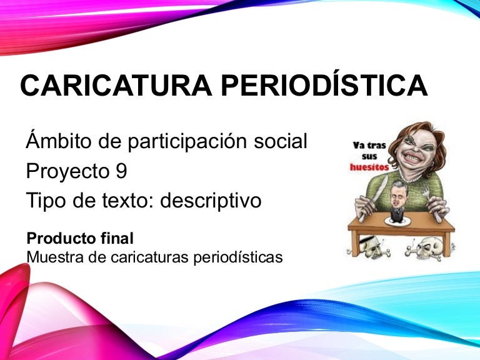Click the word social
coord(281,141)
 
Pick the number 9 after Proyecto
coord(121,171)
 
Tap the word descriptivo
coord(211,201)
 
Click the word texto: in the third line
coord(127,200)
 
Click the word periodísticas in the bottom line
coord(238,257)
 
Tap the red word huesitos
coord(369,167)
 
